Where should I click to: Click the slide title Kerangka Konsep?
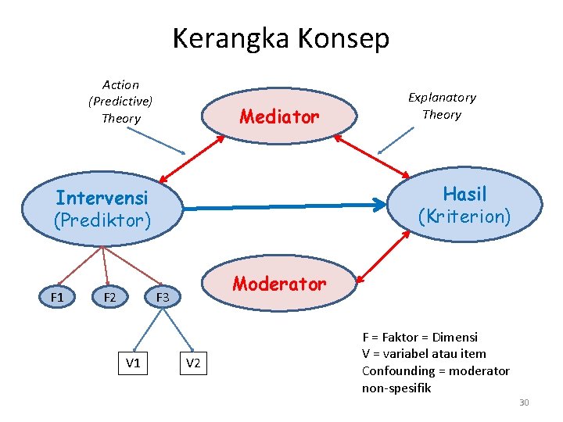pyautogui.click(x=281, y=38)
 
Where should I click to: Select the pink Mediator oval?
pyautogui.click(x=279, y=117)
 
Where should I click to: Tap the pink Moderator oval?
pyautogui.click(x=279, y=284)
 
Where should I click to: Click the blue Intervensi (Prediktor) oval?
pyautogui.click(x=102, y=209)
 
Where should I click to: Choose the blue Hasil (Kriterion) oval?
pyautogui.click(x=464, y=205)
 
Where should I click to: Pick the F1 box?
pyautogui.click(x=57, y=297)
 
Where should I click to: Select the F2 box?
pyautogui.click(x=109, y=297)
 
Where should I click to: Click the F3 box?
pyautogui.click(x=162, y=297)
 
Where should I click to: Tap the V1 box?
pyautogui.click(x=133, y=363)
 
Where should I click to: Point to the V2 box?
pyautogui.click(x=193, y=363)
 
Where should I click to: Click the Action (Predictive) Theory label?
pyautogui.click(x=120, y=102)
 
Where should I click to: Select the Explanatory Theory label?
pyautogui.click(x=442, y=105)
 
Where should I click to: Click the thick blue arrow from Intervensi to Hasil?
pyautogui.click(x=285, y=207)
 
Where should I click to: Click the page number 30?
pyautogui.click(x=524, y=402)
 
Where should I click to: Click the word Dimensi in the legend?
pyautogui.click(x=456, y=337)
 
